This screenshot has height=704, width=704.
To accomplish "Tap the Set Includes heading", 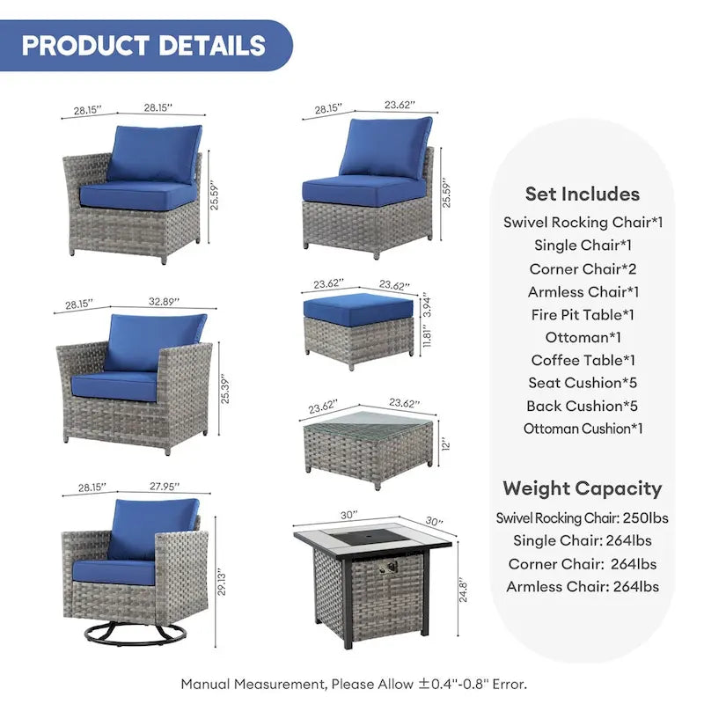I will tap(582, 194).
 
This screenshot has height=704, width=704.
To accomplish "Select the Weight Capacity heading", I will tap(582, 488).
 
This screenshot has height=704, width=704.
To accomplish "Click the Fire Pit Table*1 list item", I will tap(582, 314).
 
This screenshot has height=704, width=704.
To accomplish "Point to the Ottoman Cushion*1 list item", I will tap(583, 429).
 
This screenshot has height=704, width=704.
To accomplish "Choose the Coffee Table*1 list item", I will tap(583, 360).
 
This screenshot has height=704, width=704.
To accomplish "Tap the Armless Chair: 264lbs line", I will tap(582, 586).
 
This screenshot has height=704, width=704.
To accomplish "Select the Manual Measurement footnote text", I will tap(354, 683).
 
